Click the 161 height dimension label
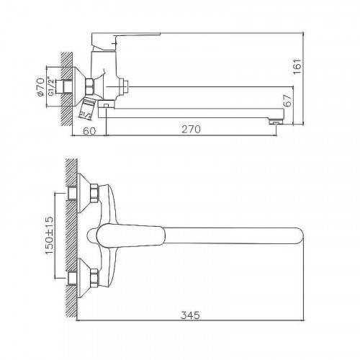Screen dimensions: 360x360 coord(297,67)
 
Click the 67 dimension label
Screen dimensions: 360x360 coord(287,101)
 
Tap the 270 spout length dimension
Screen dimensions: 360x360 coord(191,130)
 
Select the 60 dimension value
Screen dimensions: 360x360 coord(89,131)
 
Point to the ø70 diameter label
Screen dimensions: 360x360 coord(40,87)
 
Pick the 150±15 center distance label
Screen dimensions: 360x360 coord(49,235)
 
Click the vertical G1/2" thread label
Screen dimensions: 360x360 coord(50,86)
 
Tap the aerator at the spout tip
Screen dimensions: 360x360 coord(276,122)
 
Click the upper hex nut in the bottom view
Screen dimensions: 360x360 coord(94,193)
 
